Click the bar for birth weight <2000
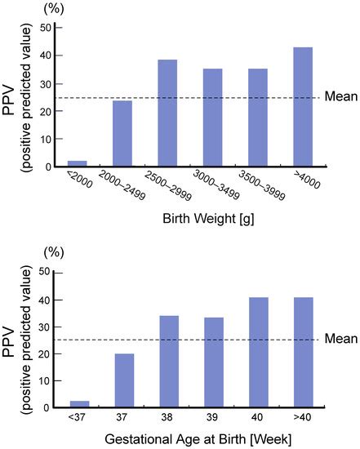point(76,164)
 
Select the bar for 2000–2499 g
point(122,134)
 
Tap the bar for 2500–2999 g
point(167,113)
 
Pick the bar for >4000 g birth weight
point(302,107)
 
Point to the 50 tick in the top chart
point(46,28)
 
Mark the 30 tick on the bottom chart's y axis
point(46,327)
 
